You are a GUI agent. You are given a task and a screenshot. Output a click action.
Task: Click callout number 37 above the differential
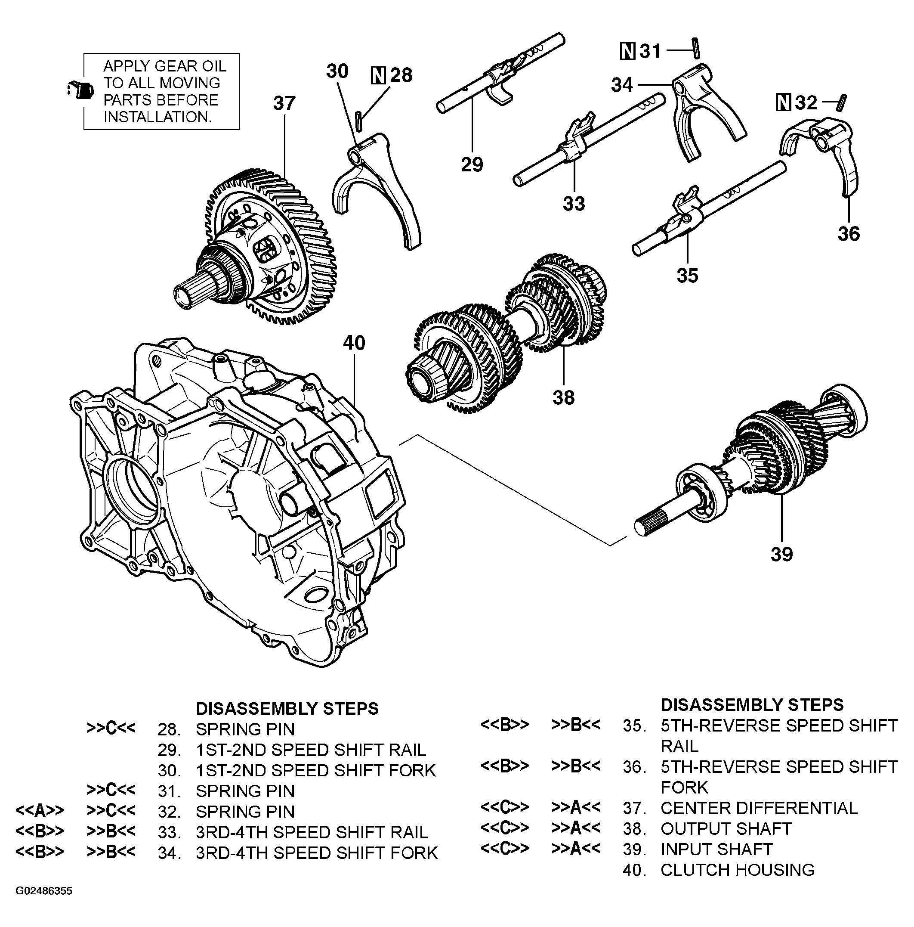coord(284,103)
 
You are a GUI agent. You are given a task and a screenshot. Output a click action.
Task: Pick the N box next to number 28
coord(378,75)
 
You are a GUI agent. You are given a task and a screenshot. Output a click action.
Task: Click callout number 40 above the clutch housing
coord(354,343)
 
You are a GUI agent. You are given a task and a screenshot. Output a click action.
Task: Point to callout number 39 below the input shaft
coord(781,554)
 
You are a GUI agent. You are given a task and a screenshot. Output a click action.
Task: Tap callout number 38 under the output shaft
coord(563,397)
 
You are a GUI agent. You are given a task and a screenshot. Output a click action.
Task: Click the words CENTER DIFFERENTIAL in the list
coord(758,808)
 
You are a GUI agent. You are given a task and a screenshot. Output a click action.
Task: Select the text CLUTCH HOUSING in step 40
coord(737,870)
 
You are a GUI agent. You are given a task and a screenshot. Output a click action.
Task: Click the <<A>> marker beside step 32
coord(39,811)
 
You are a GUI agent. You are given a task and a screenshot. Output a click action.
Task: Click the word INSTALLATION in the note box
coord(157,117)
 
